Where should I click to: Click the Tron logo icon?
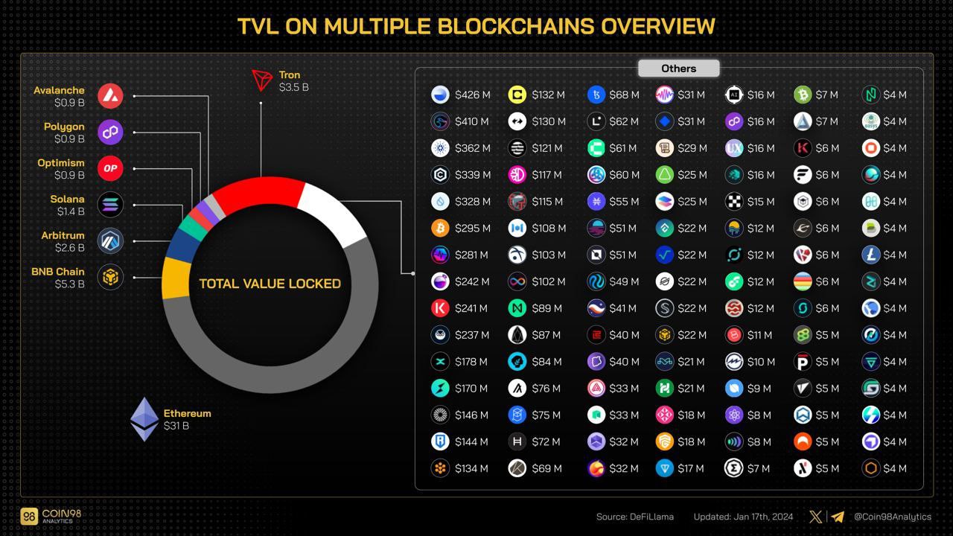click(x=261, y=80)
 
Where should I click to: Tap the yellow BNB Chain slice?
click(x=176, y=278)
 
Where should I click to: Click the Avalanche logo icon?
click(x=110, y=96)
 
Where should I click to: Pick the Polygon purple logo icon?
click(x=110, y=133)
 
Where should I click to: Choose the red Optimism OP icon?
click(x=110, y=168)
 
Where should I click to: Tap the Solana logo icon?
click(x=110, y=205)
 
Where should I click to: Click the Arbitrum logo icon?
click(x=110, y=241)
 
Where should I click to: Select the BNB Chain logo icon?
click(x=110, y=278)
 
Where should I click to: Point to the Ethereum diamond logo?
click(x=144, y=419)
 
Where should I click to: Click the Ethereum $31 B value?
click(x=176, y=426)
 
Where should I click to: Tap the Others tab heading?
click(x=678, y=68)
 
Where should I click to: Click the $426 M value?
click(x=473, y=95)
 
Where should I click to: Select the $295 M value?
click(x=473, y=228)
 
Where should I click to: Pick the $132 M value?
click(x=548, y=95)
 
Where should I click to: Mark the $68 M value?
click(x=624, y=95)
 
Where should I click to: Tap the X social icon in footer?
click(x=816, y=517)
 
